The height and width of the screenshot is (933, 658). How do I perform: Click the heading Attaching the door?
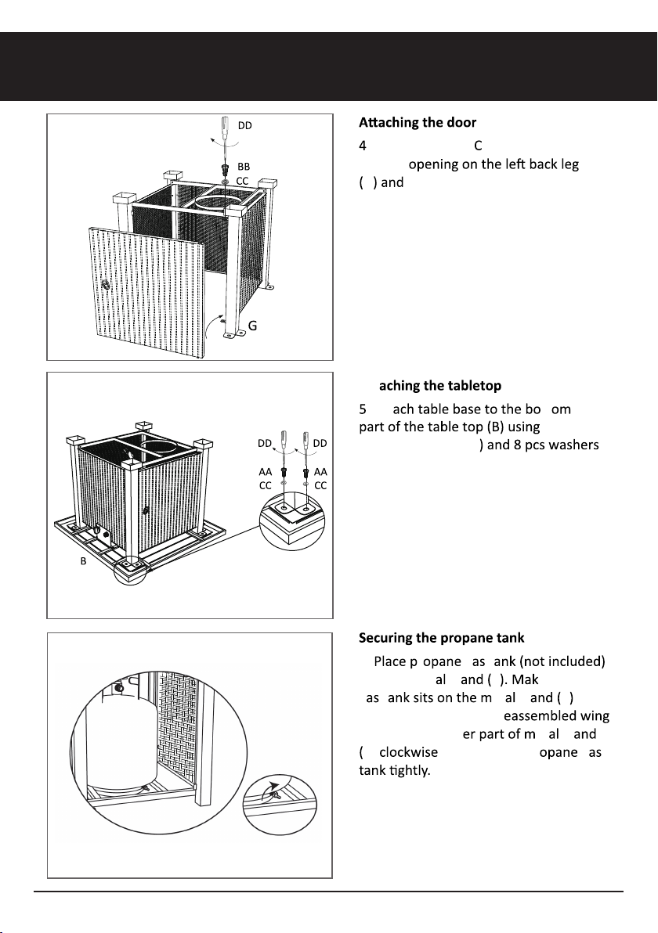418,123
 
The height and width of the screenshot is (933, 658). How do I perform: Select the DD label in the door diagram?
244,125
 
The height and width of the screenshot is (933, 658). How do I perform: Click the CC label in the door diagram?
243,180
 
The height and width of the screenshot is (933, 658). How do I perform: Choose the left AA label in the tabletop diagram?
266,472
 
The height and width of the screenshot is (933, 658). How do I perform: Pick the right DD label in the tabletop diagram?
320,444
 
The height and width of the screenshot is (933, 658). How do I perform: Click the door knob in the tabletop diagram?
146,510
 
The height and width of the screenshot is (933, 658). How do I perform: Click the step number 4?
363,146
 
